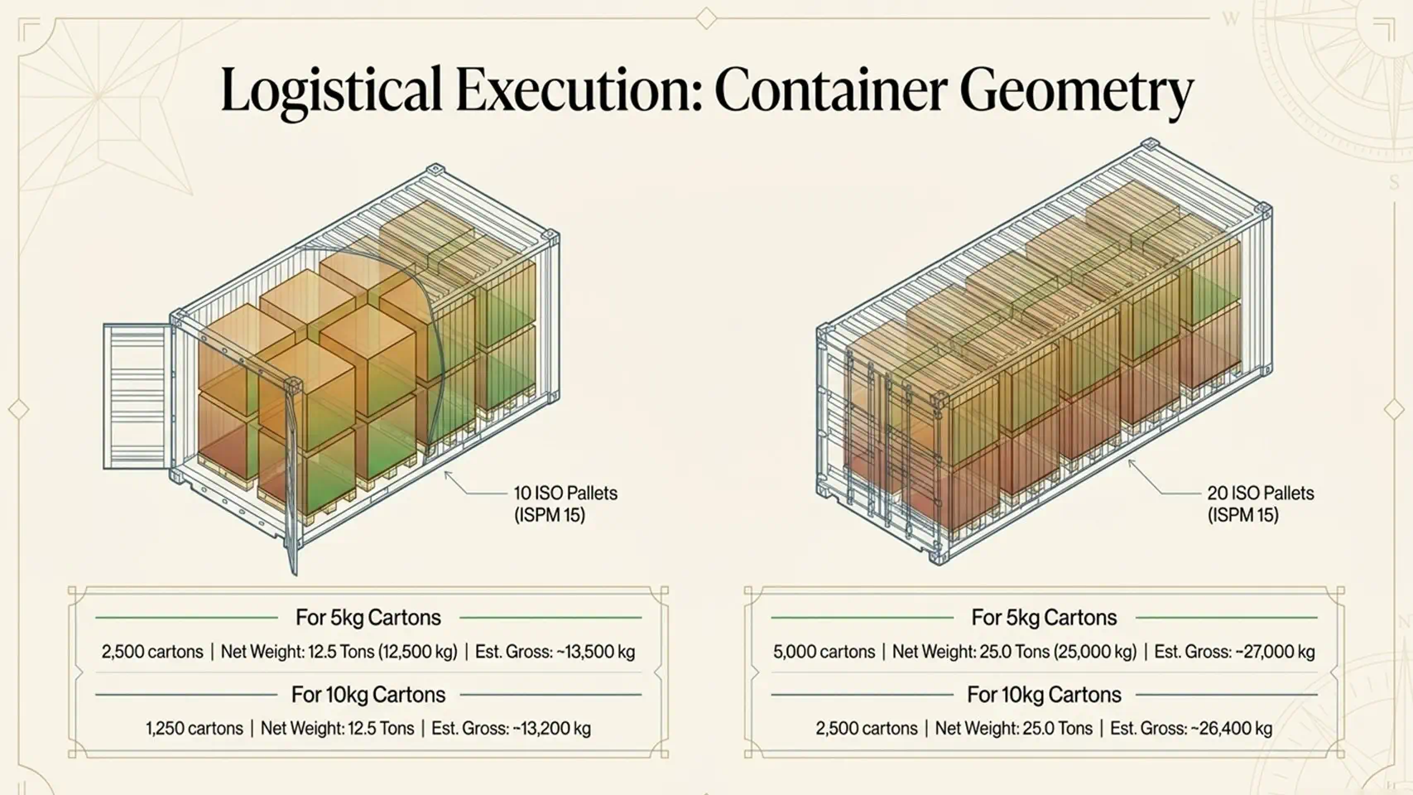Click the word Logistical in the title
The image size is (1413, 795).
[331, 91]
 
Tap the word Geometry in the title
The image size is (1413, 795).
[1077, 91]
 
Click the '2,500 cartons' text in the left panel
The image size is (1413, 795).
[152, 651]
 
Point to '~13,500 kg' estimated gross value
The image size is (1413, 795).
[595, 651]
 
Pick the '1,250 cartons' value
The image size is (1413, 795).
[195, 728]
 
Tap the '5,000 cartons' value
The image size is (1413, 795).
[824, 651]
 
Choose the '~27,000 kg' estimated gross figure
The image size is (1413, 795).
[1275, 651]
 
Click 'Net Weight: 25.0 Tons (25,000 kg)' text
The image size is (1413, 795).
[1014, 651]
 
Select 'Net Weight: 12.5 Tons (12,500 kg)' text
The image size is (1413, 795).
[339, 651]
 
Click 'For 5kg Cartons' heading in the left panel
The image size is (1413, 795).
[368, 617]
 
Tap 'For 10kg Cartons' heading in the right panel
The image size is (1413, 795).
[1044, 695]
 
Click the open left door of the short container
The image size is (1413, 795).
[137, 396]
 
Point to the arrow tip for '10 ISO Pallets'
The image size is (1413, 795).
[445, 471]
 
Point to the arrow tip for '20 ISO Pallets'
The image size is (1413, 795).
[1128, 460]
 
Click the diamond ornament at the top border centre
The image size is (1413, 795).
[707, 18]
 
